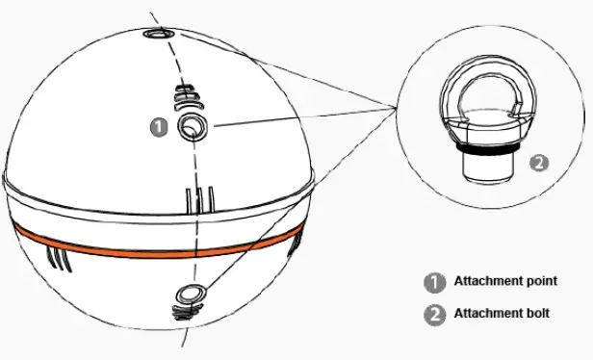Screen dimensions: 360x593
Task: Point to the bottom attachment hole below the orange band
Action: (188, 294)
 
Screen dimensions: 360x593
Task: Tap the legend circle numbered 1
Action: (434, 283)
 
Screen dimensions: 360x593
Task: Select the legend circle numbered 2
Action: (434, 314)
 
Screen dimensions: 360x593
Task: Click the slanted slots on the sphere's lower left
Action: (57, 257)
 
